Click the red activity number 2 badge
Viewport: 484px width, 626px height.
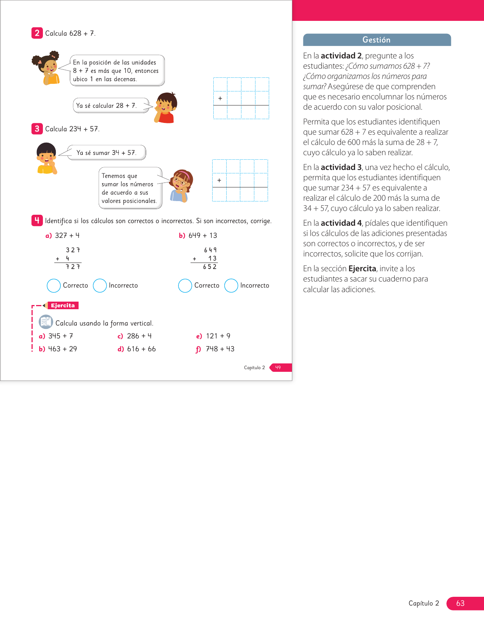(37, 33)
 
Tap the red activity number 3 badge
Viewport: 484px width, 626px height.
(37, 129)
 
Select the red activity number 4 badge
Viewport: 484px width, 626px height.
(37, 220)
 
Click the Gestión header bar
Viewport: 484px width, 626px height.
(377, 40)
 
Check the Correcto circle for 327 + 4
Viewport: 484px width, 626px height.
(54, 286)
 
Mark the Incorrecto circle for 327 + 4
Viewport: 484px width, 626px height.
(100, 286)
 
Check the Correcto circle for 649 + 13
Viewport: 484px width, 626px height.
(185, 286)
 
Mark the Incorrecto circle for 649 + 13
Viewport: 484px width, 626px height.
(231, 286)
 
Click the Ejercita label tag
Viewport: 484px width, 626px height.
(63, 305)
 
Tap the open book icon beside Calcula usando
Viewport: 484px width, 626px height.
(46, 322)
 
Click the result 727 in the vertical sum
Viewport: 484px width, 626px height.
(73, 267)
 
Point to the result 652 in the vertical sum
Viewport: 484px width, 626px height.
(210, 267)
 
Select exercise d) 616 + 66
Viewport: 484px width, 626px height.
(137, 349)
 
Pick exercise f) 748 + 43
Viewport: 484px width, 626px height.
(216, 349)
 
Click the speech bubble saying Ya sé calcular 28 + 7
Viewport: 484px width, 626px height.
(110, 105)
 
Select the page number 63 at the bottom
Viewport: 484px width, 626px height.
(460, 603)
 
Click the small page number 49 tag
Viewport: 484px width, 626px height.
(278, 367)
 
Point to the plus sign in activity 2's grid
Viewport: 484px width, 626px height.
(220, 98)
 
